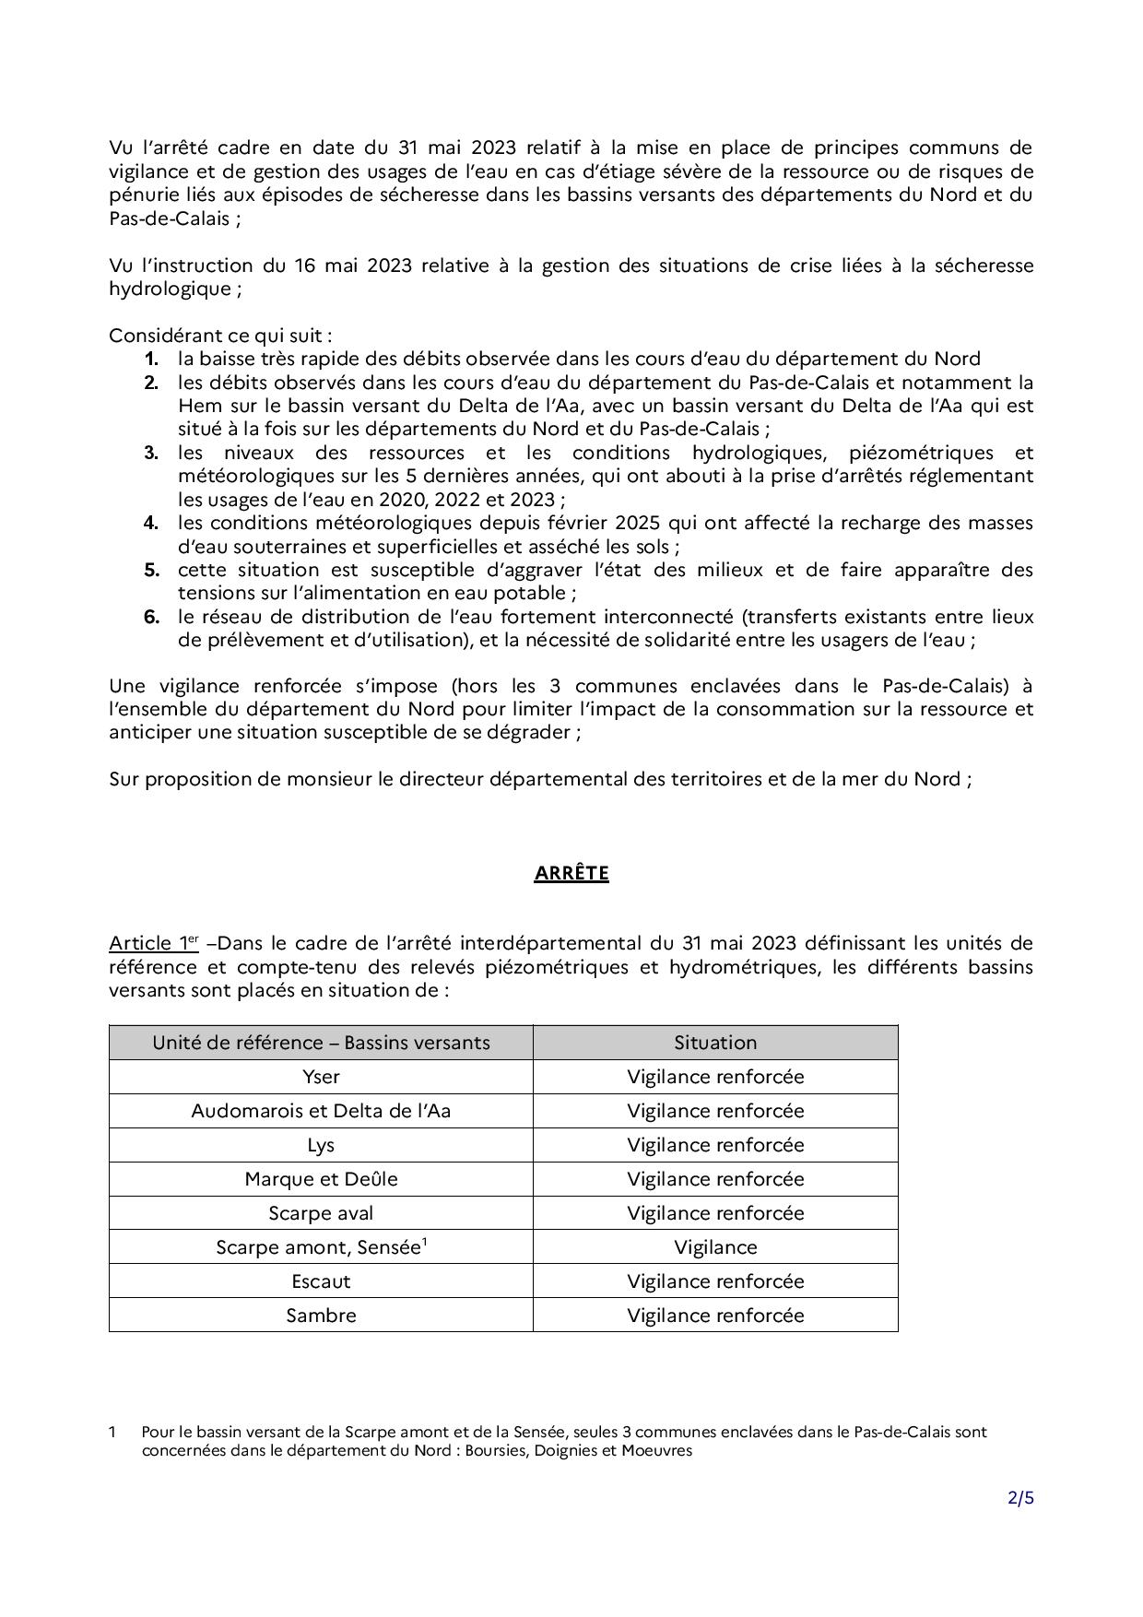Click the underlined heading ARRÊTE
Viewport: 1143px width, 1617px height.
coord(571,873)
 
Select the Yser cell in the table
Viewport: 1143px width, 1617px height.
coord(321,1077)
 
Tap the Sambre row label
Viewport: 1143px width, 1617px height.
coord(321,1316)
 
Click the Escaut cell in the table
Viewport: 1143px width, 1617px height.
coord(321,1281)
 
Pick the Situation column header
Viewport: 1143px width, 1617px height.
coord(715,1043)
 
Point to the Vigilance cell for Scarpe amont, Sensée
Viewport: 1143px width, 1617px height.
coord(715,1247)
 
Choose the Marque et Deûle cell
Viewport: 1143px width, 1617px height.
coord(321,1179)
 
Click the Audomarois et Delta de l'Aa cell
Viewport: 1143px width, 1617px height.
coord(321,1111)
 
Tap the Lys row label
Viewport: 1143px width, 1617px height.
coord(321,1145)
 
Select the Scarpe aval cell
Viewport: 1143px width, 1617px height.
coord(321,1213)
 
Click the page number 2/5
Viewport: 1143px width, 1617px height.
coord(1020,1498)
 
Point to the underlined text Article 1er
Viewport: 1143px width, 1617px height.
coord(154,943)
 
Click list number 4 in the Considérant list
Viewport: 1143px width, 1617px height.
coord(151,523)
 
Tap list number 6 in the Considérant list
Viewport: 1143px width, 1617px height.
coord(151,617)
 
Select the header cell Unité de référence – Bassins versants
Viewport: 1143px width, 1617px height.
coord(321,1043)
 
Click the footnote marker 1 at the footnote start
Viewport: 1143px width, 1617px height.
coord(112,1432)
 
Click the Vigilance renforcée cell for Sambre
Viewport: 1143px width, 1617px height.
coord(715,1316)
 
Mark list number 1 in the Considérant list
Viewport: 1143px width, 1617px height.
coord(151,359)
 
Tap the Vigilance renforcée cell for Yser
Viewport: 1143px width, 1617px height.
coord(715,1077)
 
